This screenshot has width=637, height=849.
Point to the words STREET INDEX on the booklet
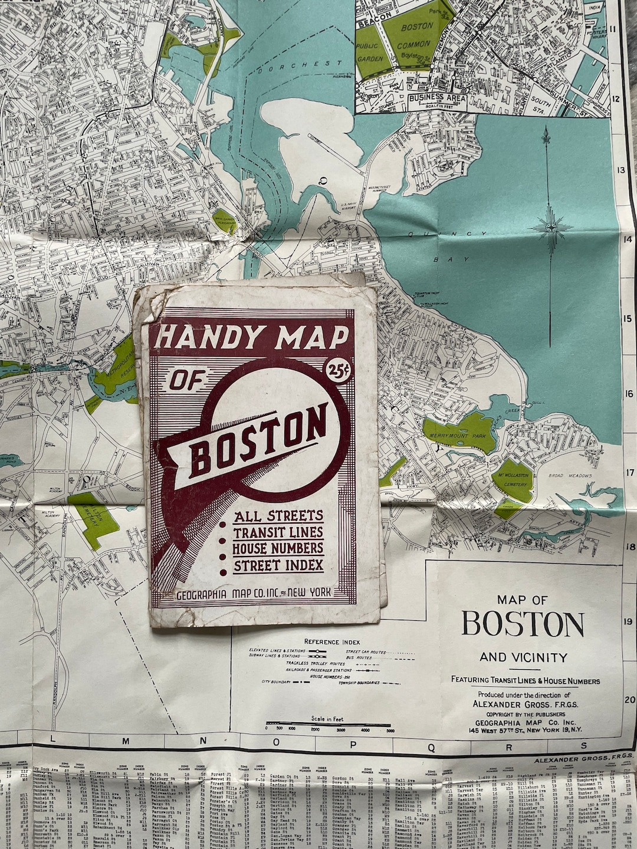pos(278,565)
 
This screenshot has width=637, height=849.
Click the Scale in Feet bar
pos(328,723)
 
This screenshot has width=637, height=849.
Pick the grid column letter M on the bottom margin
pos(125,742)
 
